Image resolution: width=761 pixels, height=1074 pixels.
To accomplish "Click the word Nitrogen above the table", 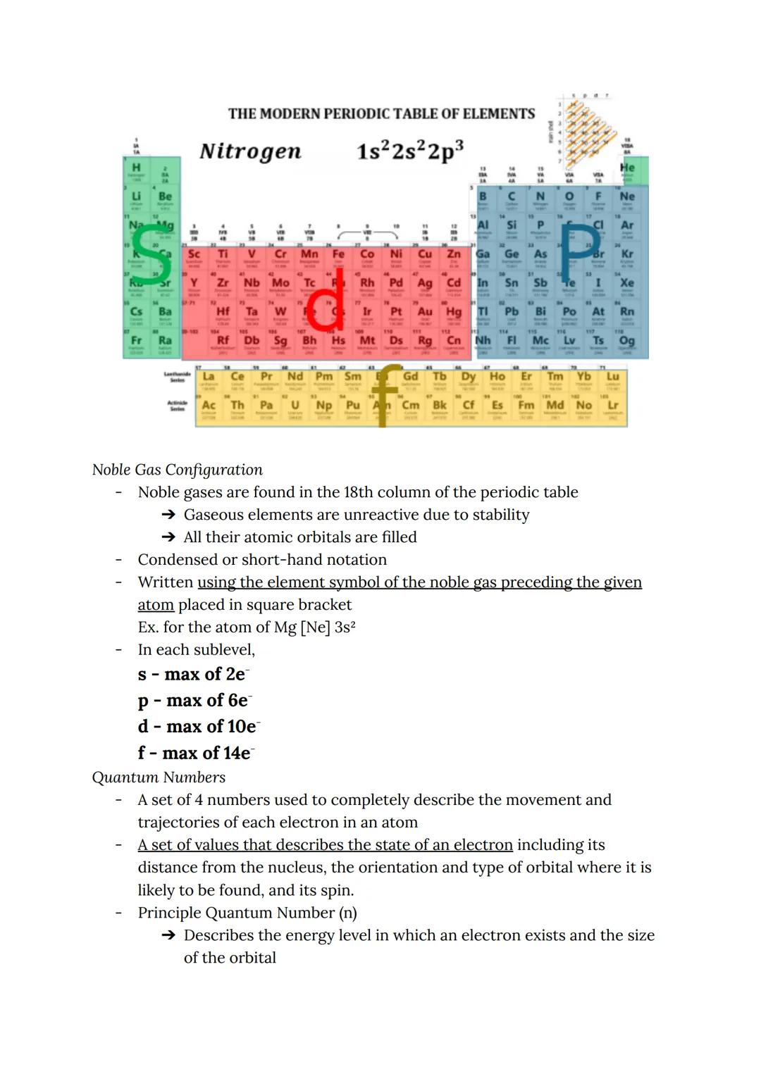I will point(250,151).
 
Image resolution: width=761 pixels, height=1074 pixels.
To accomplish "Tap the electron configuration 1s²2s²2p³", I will point(409,151).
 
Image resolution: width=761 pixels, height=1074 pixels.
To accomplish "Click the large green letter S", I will point(151,254).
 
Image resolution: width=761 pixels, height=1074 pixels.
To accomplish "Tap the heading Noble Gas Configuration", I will point(177,470).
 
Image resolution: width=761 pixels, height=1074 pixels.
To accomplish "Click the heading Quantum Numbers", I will point(159,777).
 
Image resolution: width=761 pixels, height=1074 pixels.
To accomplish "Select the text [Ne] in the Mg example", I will point(315,627).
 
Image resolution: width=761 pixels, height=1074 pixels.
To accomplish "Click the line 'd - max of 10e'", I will point(199,726).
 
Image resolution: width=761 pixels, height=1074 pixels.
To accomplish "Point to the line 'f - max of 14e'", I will point(195,753).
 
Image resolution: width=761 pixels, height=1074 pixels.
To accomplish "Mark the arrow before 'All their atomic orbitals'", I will point(168,537).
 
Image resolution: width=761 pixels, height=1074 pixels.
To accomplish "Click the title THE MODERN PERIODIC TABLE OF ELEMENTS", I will point(381,113).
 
